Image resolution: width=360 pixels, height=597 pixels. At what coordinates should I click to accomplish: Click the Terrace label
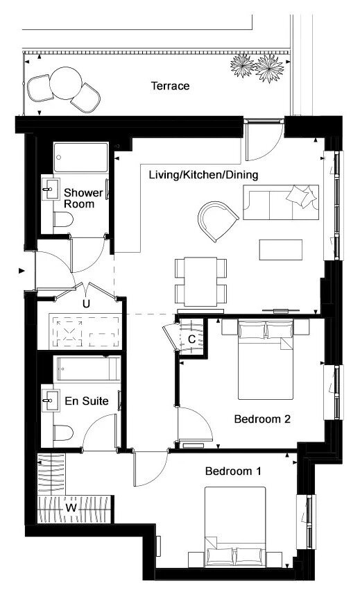(170, 85)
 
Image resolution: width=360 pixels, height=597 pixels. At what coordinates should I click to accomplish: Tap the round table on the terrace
(66, 83)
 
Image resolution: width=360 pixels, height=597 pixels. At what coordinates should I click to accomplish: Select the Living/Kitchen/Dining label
(204, 175)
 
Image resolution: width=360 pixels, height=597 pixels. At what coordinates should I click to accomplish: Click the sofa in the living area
(281, 202)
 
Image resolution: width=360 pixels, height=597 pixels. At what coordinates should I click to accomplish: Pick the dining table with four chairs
(200, 281)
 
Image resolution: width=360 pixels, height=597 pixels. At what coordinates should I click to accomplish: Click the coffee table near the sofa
(281, 250)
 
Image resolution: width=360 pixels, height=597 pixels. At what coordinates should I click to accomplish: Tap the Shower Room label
(83, 198)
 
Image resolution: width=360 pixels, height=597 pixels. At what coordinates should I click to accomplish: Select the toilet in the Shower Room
(63, 219)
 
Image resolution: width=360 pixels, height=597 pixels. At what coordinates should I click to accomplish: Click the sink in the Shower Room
(50, 189)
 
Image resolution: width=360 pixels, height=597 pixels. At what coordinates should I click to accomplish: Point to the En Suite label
(87, 401)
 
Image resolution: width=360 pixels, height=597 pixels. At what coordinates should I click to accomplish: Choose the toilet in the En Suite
(63, 432)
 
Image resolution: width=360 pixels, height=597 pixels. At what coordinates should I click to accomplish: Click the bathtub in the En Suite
(87, 369)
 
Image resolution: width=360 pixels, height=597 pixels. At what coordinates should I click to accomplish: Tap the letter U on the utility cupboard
(87, 304)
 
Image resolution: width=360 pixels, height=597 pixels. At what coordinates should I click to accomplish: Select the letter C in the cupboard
(192, 339)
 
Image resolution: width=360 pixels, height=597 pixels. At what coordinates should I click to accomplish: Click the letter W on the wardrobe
(71, 507)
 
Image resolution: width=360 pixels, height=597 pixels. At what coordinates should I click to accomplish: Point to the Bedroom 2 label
(262, 419)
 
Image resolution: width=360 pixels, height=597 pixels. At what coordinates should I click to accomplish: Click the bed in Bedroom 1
(235, 527)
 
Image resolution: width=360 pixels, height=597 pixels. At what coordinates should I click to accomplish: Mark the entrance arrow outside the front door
(22, 271)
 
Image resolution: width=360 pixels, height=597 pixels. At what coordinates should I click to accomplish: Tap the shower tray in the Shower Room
(80, 158)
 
